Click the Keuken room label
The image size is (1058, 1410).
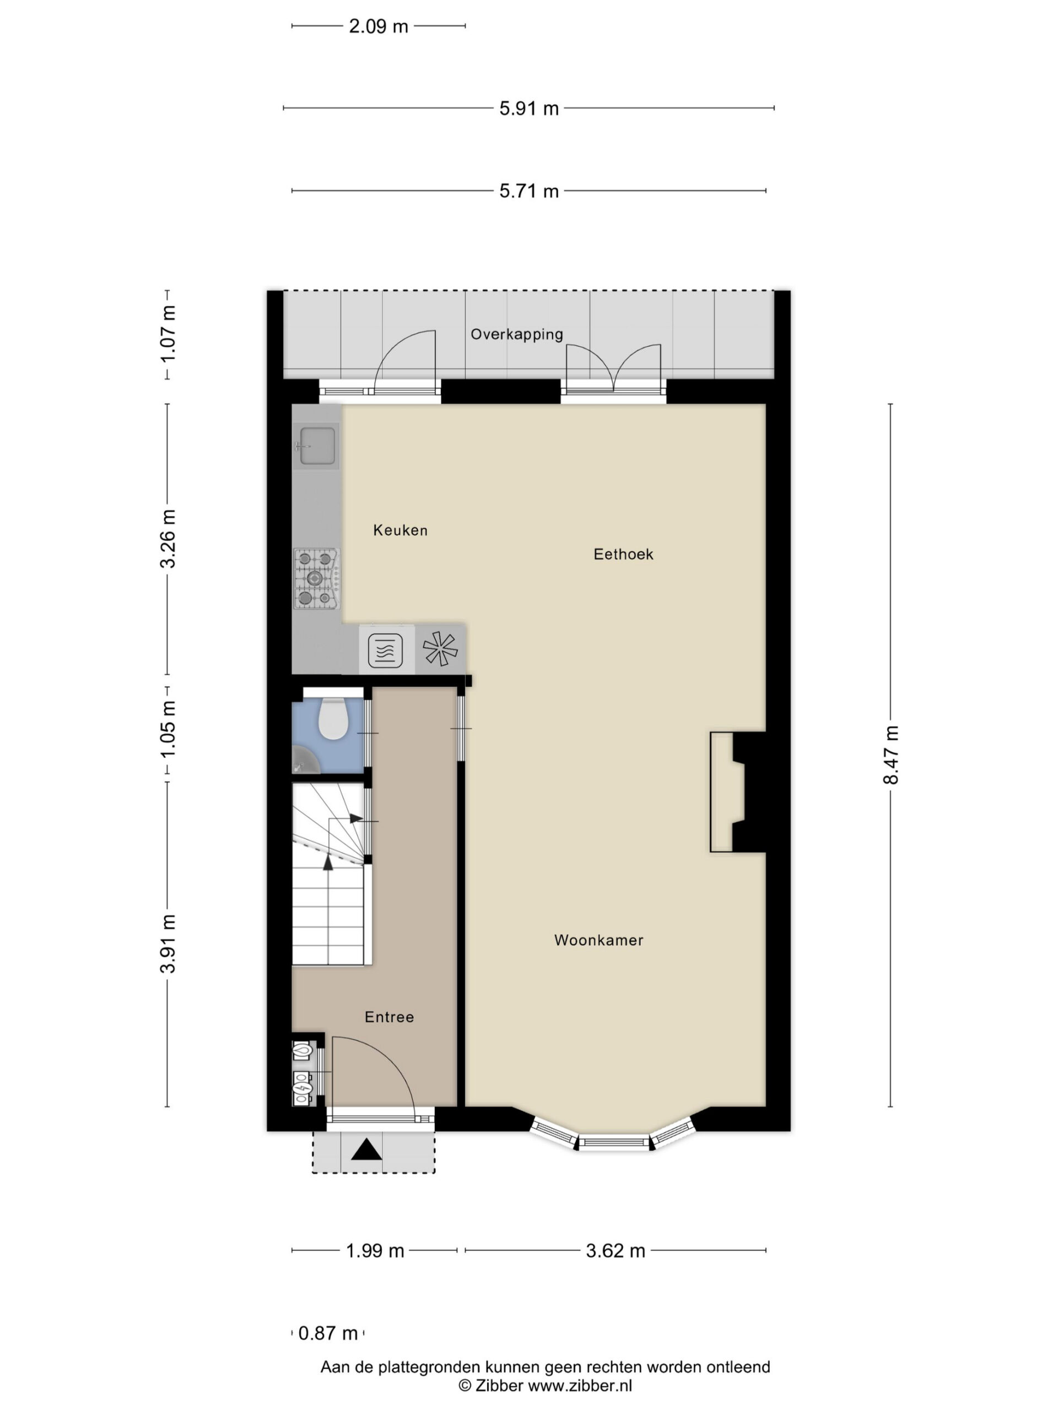pos(400,530)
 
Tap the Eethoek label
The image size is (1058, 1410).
pos(623,554)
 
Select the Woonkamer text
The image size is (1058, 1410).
pos(598,940)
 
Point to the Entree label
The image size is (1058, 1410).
pos(389,1017)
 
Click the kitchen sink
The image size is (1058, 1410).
pos(317,445)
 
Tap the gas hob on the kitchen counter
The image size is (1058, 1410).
pos(316,578)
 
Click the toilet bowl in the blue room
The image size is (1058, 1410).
pos(332,718)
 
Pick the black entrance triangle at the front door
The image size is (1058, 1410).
pos(366,1149)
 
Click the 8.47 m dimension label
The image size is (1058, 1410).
pos(890,755)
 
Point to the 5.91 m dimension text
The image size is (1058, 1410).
pos(528,109)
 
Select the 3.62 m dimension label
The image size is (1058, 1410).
pos(616,1251)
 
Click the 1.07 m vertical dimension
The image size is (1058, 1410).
pos(168,334)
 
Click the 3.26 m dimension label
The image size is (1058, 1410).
pos(168,539)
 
